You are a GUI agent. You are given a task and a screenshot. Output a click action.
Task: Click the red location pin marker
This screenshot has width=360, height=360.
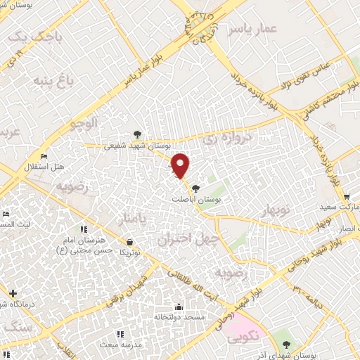point(181,166)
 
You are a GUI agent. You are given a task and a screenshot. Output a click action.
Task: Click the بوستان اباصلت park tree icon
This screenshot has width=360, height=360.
point(195,188)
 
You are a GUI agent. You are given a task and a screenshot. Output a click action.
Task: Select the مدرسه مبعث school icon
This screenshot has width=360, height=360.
point(120,333)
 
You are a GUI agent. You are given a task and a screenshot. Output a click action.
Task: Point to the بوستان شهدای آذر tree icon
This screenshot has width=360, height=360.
point(285,344)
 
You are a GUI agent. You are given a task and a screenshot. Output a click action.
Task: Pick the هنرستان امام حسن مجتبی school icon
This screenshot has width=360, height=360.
point(84,229)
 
